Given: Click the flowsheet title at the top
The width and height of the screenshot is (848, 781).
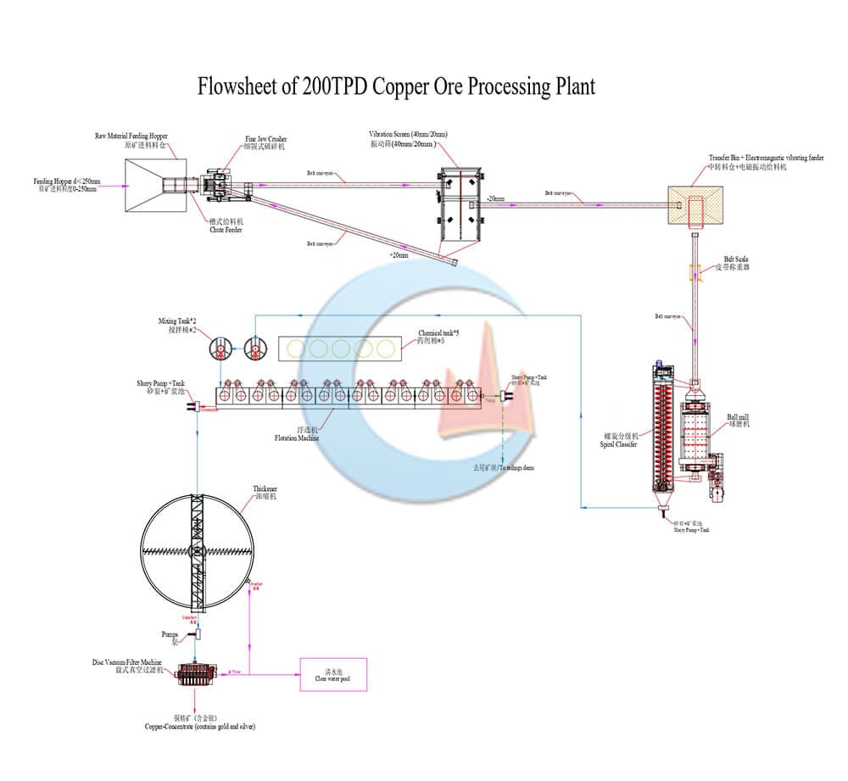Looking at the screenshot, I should (396, 86).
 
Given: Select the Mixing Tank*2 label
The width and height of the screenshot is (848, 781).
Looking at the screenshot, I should (176, 326).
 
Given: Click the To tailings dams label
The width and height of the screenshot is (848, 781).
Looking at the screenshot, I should (505, 468).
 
